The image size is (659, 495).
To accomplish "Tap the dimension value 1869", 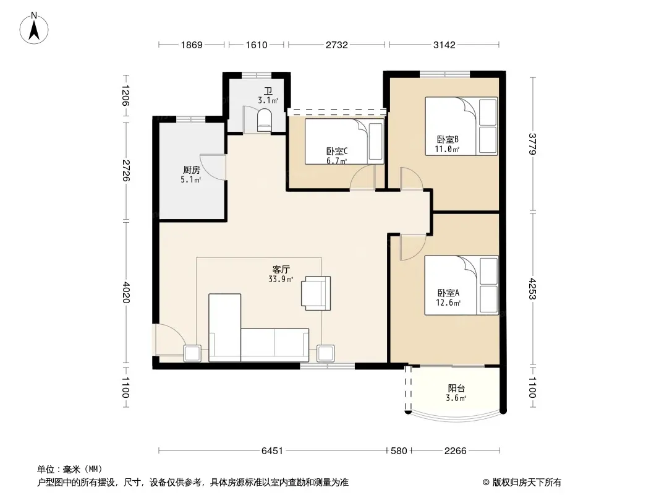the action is [x=192, y=45].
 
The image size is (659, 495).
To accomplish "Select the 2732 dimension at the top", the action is [x=337, y=45].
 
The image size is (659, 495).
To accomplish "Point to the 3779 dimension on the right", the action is [x=532, y=144].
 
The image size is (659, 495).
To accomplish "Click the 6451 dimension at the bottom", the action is [x=273, y=451].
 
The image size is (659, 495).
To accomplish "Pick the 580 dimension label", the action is [x=399, y=451].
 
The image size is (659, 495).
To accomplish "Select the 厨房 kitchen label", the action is [x=191, y=170].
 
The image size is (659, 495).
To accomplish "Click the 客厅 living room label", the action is [x=281, y=269].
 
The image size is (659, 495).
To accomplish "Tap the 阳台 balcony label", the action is [x=456, y=388].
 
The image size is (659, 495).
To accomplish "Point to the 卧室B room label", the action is [x=447, y=139].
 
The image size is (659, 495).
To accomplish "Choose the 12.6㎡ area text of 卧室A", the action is [x=448, y=303].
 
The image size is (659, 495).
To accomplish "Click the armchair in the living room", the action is [x=316, y=293].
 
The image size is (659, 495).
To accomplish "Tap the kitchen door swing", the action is [x=213, y=168].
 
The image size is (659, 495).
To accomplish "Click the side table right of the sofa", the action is [x=326, y=353].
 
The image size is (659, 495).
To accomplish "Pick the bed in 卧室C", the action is [x=344, y=141].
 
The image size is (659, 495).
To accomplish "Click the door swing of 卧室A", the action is [x=413, y=247].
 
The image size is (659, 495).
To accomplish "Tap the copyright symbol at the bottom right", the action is [x=486, y=483].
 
